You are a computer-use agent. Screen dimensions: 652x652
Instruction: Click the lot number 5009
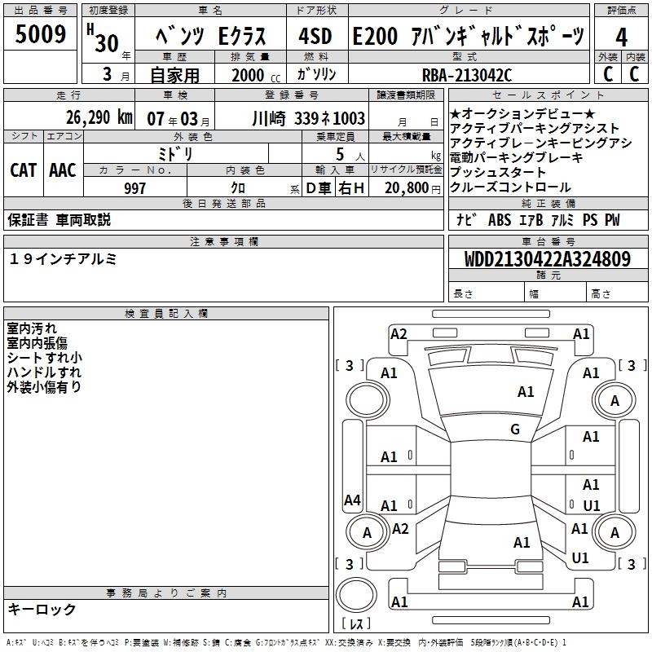pos(40,34)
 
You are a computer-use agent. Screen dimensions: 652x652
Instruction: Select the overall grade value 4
pos(621,37)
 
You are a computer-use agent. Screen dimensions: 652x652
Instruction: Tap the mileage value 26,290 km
pos(99,117)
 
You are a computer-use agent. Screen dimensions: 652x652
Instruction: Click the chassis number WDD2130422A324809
pos(548,259)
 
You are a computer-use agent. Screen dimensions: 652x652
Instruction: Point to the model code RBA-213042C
pos(467,75)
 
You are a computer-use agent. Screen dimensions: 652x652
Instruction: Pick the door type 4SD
pos(315,36)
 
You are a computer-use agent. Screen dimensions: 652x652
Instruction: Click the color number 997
pos(134,188)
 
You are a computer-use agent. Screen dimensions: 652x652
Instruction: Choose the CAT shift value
pos(24,170)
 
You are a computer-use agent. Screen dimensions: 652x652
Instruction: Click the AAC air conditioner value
pos(63,170)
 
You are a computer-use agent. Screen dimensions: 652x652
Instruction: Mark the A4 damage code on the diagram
pos(352,500)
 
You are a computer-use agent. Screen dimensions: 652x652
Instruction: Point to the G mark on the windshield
pos(515,429)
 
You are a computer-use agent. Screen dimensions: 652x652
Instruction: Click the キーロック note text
pos(42,610)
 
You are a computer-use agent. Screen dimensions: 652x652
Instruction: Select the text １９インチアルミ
pos(63,259)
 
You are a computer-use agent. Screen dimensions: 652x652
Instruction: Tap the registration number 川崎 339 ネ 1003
pos(309,118)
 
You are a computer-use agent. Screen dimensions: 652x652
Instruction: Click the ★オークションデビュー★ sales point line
pos(522,113)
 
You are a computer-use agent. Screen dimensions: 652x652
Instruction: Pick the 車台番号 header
pos(548,241)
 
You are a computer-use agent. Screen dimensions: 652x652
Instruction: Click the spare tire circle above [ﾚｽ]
pos(356,595)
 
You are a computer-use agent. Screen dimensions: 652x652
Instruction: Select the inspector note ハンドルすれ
pos(44,372)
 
